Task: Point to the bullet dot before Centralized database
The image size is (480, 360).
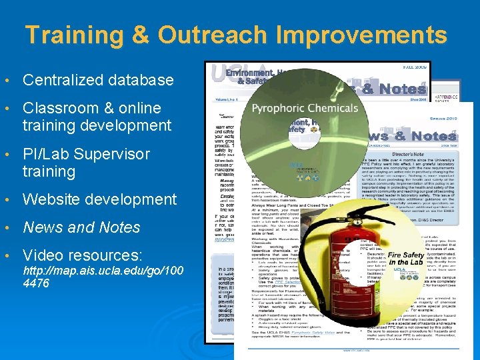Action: pos(7,81)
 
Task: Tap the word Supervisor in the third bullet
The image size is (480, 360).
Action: pos(112,154)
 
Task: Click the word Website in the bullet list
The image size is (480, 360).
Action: pos(51,199)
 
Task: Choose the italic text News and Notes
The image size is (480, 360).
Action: pos(81,227)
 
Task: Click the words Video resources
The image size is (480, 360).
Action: pos(83,255)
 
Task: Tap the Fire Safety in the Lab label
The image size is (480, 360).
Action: pos(405,259)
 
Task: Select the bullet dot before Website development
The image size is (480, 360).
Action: pos(7,200)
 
